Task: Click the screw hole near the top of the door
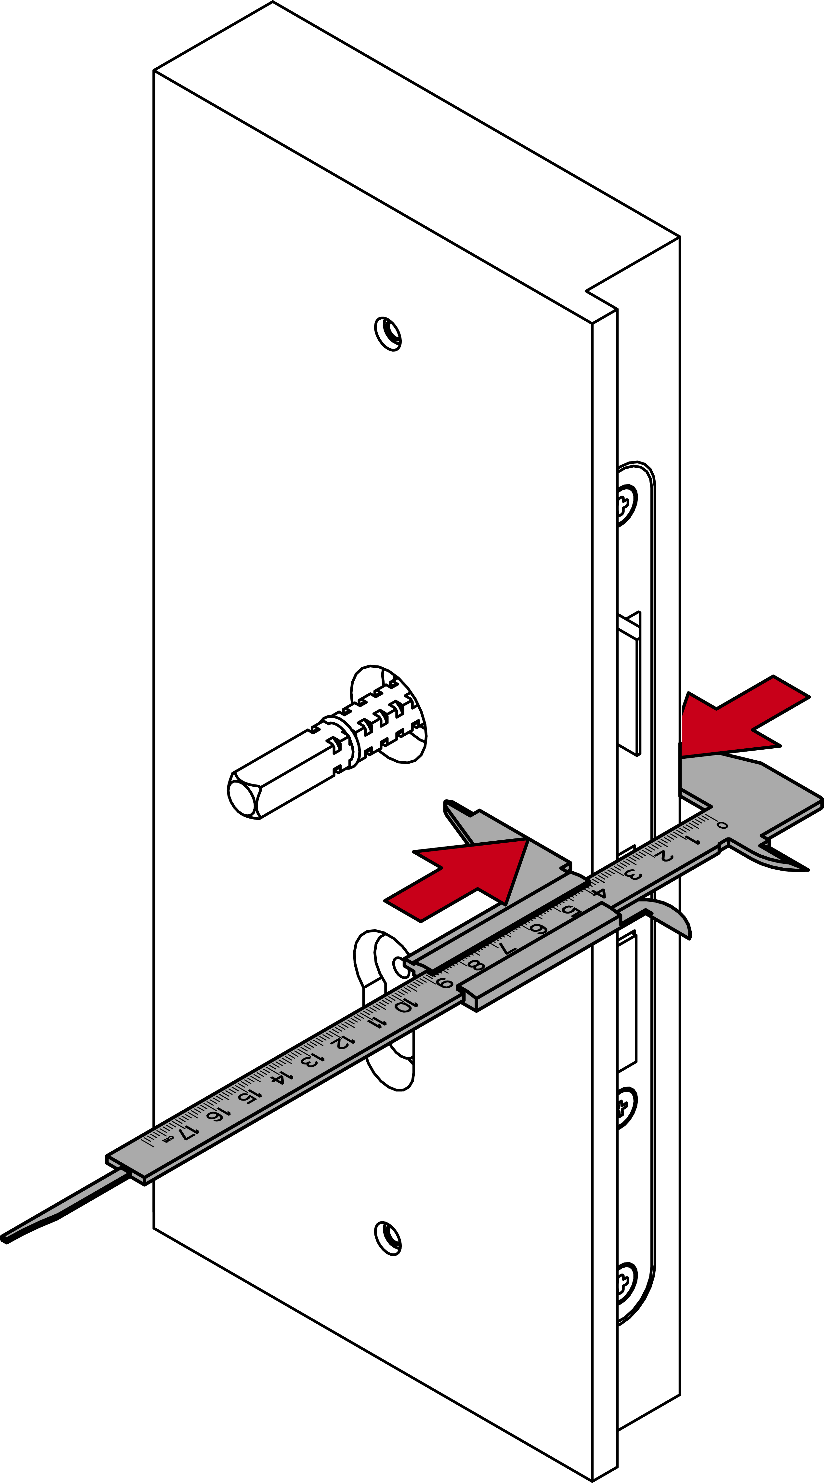[388, 333]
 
